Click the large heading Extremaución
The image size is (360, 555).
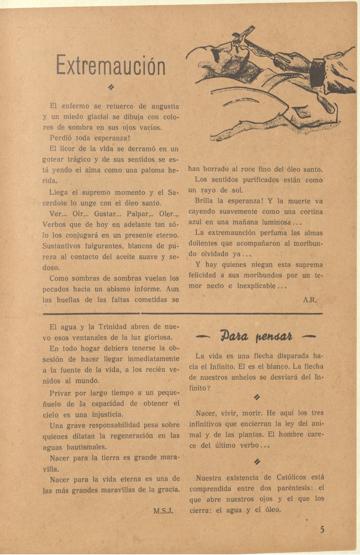[111, 65]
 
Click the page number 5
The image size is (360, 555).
[323, 530]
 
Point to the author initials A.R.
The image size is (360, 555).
[310, 300]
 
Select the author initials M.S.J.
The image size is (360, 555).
[163, 511]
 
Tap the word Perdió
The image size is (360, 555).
[61, 138]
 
